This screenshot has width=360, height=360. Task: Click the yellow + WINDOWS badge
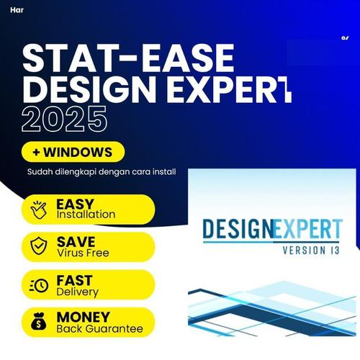click(73, 152)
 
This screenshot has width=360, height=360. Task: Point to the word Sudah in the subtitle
click(41, 173)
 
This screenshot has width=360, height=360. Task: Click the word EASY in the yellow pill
click(74, 204)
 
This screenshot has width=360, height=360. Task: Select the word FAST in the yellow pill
click(74, 279)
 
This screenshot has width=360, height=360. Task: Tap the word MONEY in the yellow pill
click(84, 317)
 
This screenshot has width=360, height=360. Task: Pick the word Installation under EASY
click(86, 215)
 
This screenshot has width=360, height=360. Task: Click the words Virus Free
click(83, 253)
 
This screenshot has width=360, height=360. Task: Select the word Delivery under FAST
click(77, 291)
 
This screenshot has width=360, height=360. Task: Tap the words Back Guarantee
click(99, 328)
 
